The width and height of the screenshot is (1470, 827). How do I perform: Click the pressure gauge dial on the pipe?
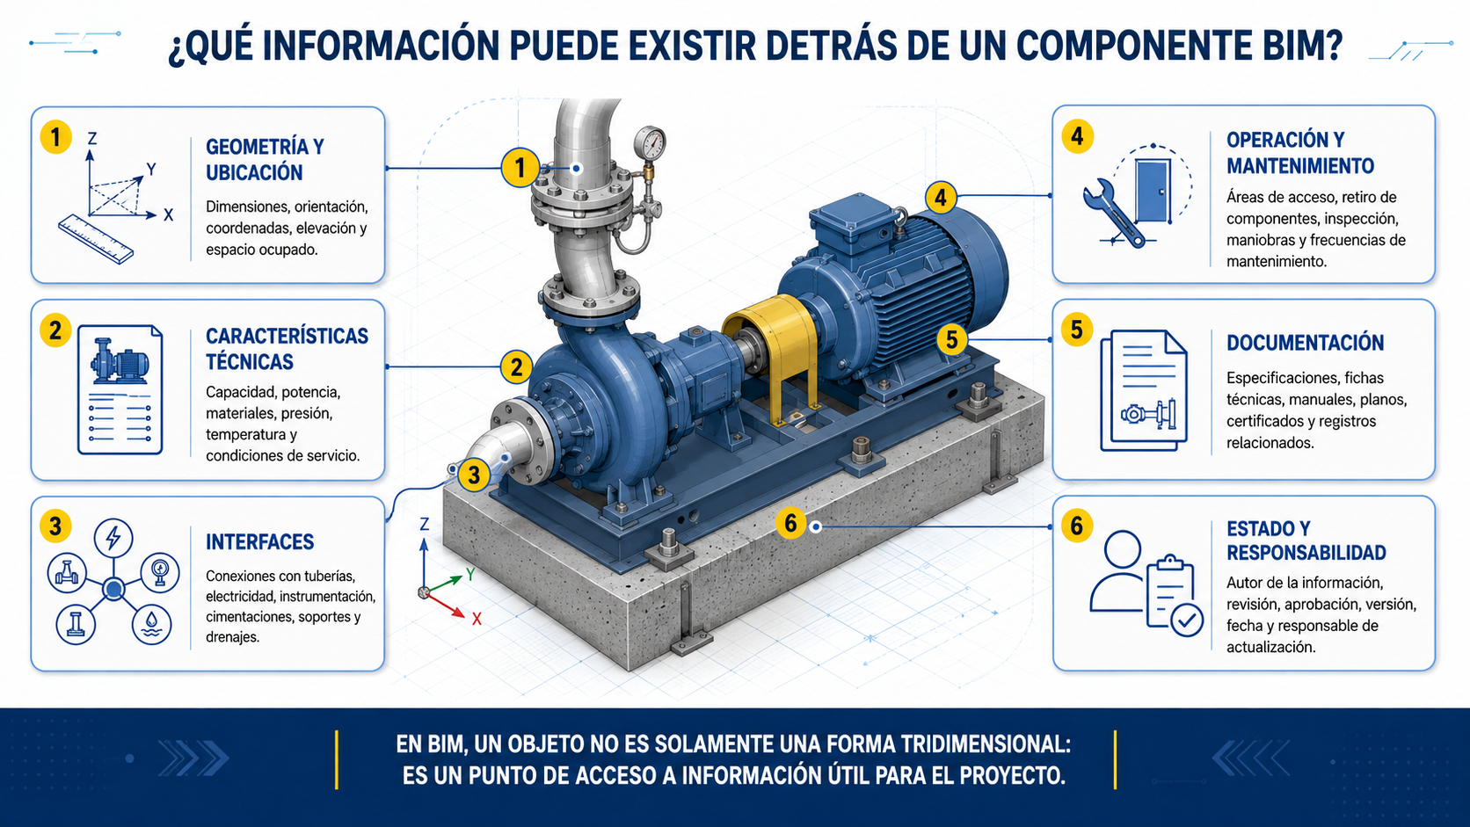pos(650,142)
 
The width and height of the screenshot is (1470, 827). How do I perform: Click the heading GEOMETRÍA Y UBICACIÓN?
pos(266,159)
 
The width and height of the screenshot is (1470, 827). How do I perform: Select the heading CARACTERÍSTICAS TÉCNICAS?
pos(287,348)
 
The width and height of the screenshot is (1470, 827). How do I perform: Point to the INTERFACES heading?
pos(260,541)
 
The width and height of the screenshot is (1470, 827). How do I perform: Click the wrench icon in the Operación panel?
pos(1114,214)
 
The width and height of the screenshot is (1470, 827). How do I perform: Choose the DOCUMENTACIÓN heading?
pos(1305,343)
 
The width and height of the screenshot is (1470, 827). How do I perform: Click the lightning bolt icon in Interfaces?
pos(113,539)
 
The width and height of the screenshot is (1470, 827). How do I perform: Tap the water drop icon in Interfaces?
pos(151,624)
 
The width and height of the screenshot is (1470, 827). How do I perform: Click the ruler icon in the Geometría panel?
pos(96,239)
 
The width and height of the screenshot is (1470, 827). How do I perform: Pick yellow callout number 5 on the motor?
pos(952,340)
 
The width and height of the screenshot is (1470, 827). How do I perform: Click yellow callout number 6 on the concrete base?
pos(790,523)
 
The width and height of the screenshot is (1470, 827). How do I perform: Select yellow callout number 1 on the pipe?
pos(520,168)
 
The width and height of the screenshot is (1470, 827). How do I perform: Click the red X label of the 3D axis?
pos(477,619)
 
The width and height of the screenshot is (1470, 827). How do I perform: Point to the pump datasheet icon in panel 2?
pos(120,389)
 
